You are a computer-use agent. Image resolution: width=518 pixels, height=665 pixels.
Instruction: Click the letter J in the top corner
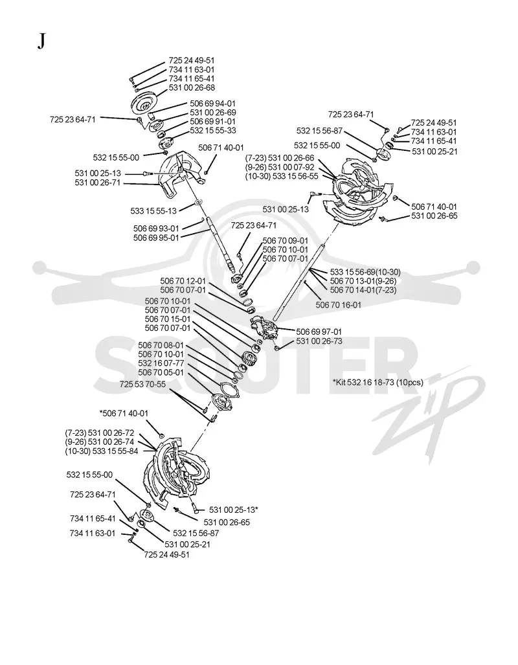tap(41, 41)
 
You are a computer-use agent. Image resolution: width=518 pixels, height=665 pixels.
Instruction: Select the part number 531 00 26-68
tap(192, 87)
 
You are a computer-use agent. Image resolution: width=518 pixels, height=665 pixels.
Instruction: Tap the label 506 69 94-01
tap(212, 104)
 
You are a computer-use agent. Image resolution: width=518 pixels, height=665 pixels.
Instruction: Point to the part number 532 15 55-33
tap(213, 131)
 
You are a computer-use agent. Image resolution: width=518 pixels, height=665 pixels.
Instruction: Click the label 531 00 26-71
tap(98, 183)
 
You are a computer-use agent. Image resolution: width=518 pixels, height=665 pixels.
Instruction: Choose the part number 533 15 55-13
tap(153, 210)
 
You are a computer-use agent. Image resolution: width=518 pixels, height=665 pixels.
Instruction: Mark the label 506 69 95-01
tap(156, 238)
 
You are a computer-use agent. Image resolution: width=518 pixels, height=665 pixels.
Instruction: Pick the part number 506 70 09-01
tap(286, 240)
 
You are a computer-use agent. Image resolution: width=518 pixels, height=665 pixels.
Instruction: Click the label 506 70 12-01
tap(183, 281)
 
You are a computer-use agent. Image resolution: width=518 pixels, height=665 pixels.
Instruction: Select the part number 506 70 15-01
tap(168, 319)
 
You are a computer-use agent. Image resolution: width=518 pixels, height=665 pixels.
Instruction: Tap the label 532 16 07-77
tap(161, 363)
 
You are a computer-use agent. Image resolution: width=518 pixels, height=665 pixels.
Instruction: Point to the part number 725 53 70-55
tap(142, 384)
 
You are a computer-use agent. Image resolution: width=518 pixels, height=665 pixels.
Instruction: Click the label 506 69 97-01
tap(319, 332)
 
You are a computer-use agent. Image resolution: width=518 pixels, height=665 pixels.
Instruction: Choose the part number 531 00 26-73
tap(319, 341)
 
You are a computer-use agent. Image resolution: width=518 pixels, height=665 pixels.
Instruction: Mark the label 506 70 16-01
tap(339, 304)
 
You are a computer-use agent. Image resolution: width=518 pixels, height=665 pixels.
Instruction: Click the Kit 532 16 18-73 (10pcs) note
tap(378, 382)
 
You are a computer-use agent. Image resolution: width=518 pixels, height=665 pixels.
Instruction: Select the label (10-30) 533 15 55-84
tap(102, 451)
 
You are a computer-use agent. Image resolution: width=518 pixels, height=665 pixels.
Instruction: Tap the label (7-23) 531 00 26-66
tap(280, 158)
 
